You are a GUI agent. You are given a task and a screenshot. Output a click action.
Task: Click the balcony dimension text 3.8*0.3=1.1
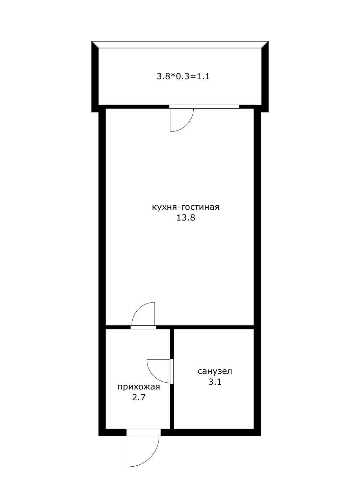(x=183, y=77)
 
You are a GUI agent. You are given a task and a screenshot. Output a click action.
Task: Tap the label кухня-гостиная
(x=186, y=207)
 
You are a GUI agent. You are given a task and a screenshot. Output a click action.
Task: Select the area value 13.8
(x=186, y=217)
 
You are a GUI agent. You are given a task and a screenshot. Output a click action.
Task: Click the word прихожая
(x=139, y=387)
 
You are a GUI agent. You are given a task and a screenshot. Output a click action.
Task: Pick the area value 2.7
(x=138, y=398)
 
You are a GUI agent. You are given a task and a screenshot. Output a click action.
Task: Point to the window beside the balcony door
(x=217, y=107)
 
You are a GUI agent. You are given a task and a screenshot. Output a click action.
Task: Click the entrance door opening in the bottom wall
(x=143, y=432)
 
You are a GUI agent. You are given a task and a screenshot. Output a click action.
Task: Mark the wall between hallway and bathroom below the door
(x=172, y=406)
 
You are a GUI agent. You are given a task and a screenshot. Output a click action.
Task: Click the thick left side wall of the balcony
(x=95, y=78)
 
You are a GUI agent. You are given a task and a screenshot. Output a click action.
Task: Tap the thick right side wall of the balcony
(x=265, y=78)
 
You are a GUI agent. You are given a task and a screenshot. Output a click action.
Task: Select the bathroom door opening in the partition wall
(x=172, y=371)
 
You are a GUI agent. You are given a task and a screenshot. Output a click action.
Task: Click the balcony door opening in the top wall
(x=182, y=107)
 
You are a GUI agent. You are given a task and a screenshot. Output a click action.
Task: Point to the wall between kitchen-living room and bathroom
(x=213, y=327)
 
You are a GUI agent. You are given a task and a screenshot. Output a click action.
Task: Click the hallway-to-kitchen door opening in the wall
(x=143, y=327)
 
